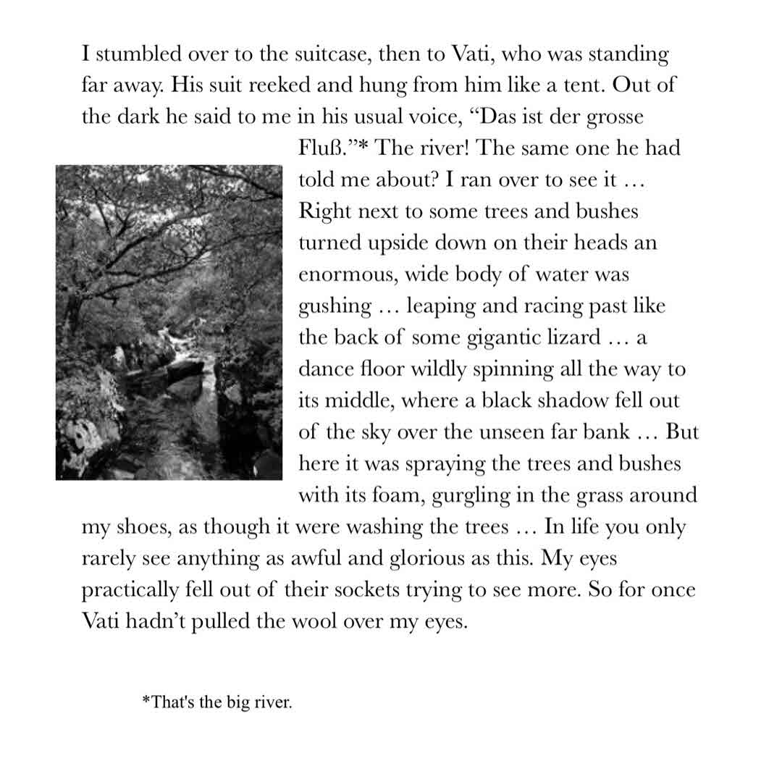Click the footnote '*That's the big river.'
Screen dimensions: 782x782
[x=217, y=702]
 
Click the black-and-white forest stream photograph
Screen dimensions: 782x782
[x=169, y=322]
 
